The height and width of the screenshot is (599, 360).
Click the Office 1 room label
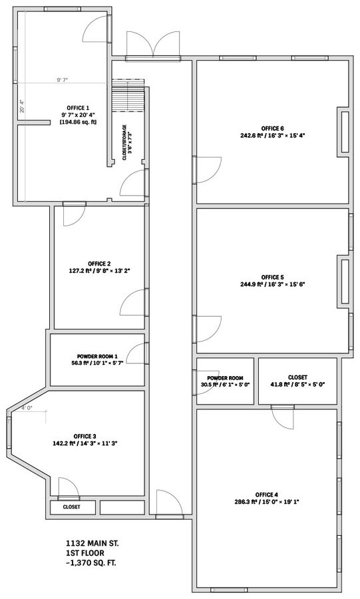tap(79, 114)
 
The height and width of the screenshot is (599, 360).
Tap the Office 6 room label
tap(273, 132)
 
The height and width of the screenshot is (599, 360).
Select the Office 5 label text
tap(273, 280)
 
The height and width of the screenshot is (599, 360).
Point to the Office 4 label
tap(267, 498)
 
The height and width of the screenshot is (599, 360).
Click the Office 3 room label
tap(85, 440)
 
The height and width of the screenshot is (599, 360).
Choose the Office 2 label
tap(99, 267)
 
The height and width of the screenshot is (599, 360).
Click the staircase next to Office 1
tap(128, 95)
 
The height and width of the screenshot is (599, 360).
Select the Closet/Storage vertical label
tap(126, 142)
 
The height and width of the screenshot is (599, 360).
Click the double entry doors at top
tap(153, 45)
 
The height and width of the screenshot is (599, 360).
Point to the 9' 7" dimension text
tap(63, 80)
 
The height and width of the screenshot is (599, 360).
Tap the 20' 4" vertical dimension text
tap(22, 106)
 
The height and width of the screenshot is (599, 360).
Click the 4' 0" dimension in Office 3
tap(27, 407)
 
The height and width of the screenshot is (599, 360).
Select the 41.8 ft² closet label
tap(297, 381)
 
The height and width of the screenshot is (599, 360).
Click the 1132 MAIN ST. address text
tap(95, 543)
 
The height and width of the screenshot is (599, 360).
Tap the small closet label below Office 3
tap(72, 507)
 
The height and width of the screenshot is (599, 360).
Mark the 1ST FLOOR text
tap(85, 553)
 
